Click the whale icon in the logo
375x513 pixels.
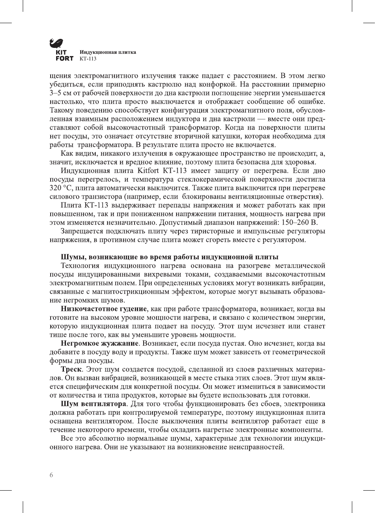point(56,43)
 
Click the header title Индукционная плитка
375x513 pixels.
point(108,52)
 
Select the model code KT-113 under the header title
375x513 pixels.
point(88,59)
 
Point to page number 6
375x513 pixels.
point(51,475)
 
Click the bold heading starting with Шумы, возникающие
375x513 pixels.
point(169,257)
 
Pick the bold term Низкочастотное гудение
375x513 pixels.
point(104,309)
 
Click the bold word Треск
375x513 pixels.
point(71,369)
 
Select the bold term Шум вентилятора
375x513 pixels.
point(93,404)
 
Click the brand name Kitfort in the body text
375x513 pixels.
point(149,171)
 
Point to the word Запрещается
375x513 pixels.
point(82,231)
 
